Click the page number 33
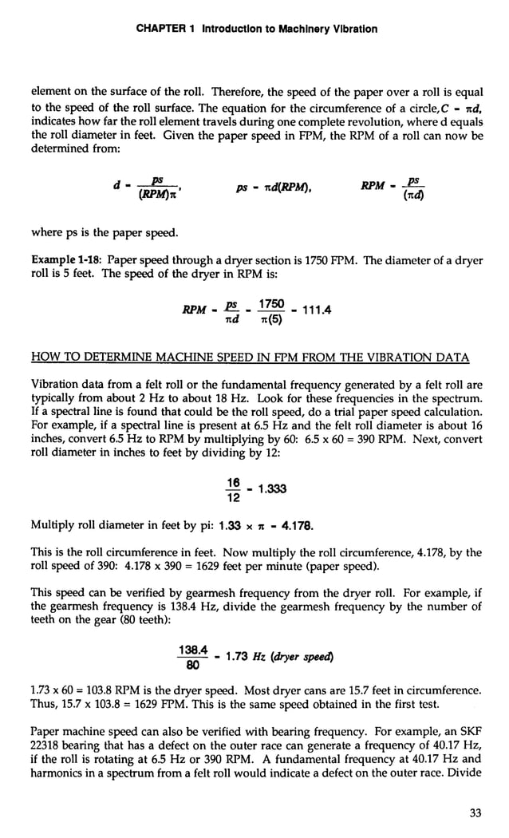pyautogui.click(x=475, y=813)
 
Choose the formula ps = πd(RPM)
pyautogui.click(x=274, y=188)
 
